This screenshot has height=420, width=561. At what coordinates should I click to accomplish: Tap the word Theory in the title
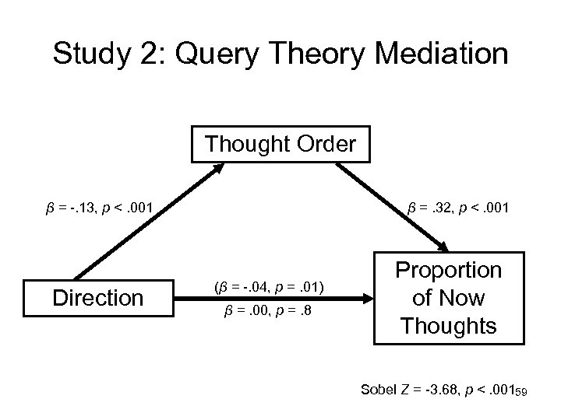click(311, 54)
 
